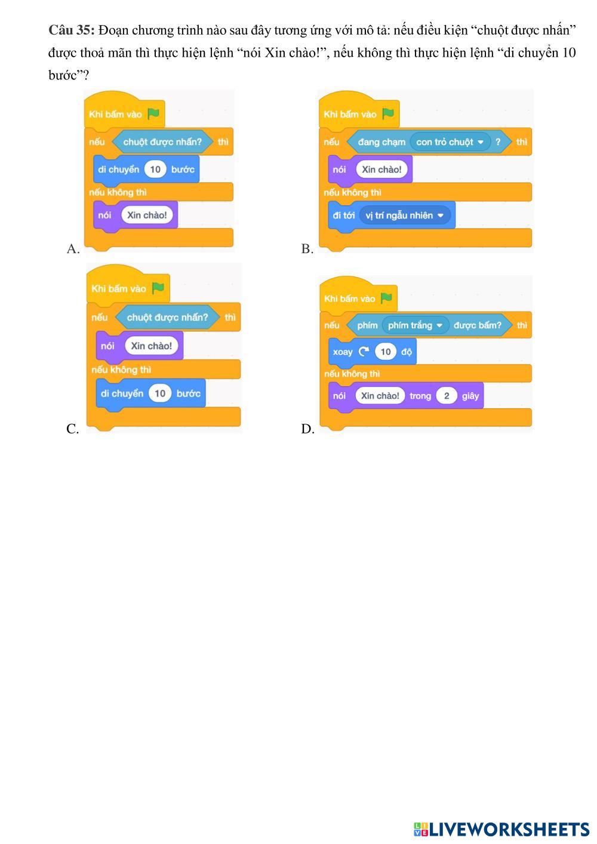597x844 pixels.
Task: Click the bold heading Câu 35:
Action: click(x=72, y=30)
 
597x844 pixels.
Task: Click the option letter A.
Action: click(x=73, y=249)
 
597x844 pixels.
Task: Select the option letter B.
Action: click(x=307, y=249)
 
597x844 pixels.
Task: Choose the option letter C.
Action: click(x=72, y=429)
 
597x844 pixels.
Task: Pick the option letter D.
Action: click(x=307, y=429)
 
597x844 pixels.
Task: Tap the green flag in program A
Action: click(x=153, y=113)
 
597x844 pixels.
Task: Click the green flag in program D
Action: click(x=386, y=298)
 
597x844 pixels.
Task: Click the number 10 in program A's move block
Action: click(x=155, y=170)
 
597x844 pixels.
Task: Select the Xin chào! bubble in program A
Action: click(x=147, y=215)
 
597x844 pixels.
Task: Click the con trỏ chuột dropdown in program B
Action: click(x=450, y=142)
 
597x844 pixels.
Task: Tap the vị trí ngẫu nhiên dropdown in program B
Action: click(x=405, y=215)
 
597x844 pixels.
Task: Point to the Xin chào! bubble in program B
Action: click(x=381, y=170)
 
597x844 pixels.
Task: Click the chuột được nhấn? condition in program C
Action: click(x=167, y=317)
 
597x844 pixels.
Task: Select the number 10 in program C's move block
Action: click(x=159, y=393)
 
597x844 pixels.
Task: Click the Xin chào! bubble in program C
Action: click(x=151, y=346)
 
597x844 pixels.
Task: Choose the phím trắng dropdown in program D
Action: click(x=415, y=325)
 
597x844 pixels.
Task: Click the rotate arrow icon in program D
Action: click(x=364, y=352)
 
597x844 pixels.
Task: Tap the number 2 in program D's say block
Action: click(x=446, y=396)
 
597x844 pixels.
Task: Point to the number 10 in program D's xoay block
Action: click(x=385, y=352)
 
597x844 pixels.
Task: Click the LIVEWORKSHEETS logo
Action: click(x=501, y=829)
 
